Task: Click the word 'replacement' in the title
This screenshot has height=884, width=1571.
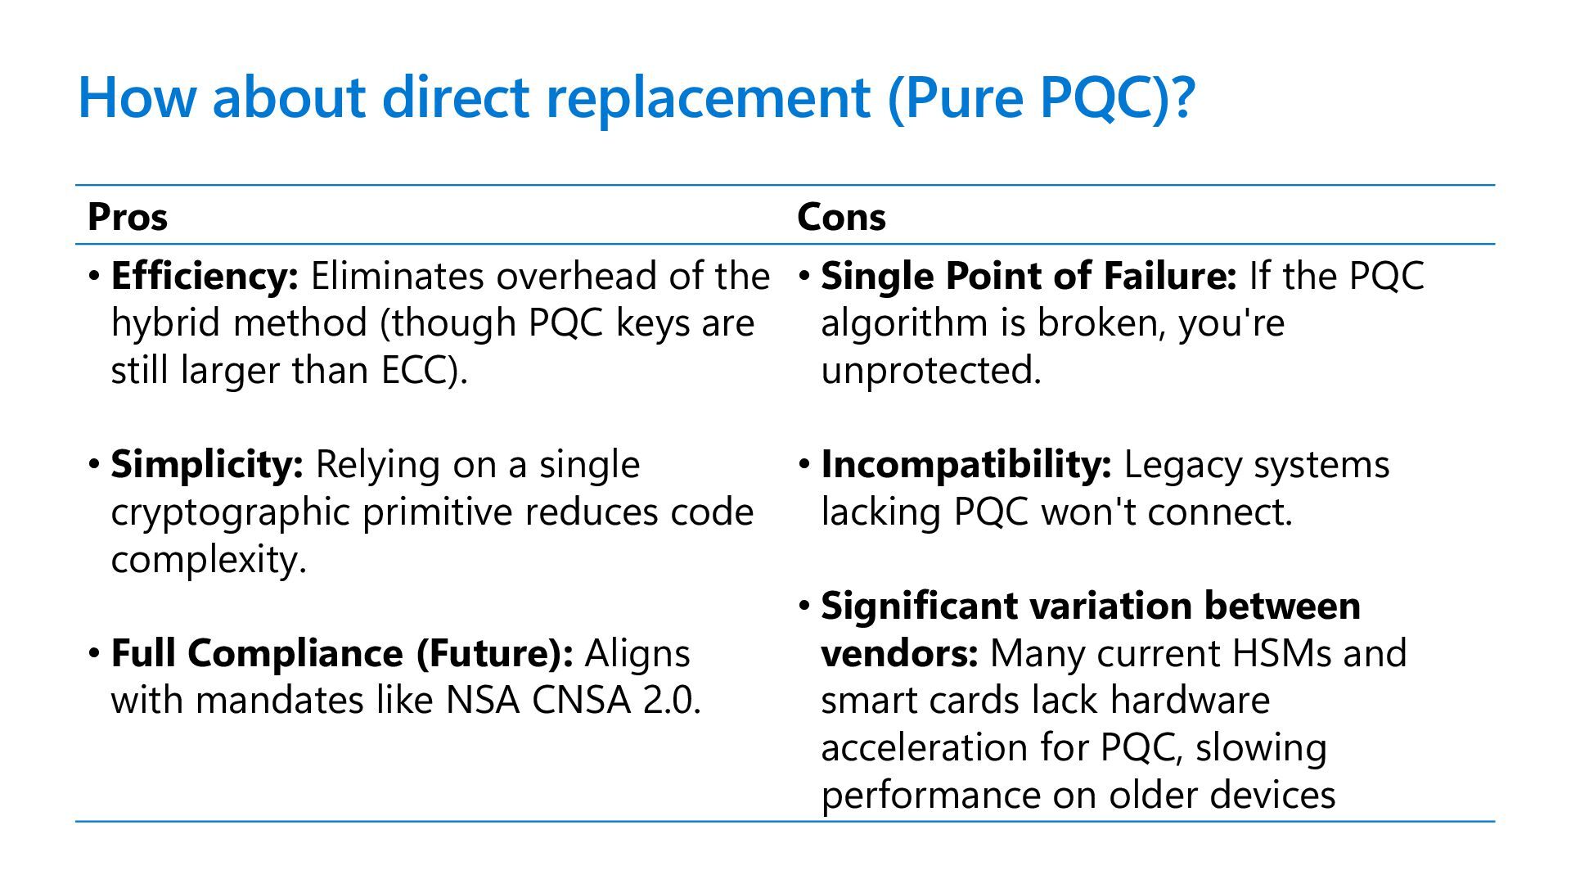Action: click(x=707, y=97)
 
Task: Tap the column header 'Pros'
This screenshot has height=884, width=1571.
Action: click(x=127, y=217)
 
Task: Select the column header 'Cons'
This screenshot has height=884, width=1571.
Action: click(x=841, y=217)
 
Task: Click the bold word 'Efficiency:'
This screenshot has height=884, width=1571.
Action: click(x=205, y=276)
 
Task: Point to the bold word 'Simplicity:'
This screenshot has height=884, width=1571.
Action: click(x=207, y=464)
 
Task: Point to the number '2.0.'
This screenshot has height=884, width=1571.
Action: click(x=672, y=700)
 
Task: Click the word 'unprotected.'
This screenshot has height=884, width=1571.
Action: click(x=930, y=370)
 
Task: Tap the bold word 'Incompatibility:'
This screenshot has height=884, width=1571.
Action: click(x=966, y=464)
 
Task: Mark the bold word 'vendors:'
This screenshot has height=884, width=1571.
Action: click(x=899, y=653)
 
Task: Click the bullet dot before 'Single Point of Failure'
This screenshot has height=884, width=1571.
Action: click(x=805, y=276)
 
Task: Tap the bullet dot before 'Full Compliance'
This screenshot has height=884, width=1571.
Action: click(x=95, y=653)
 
